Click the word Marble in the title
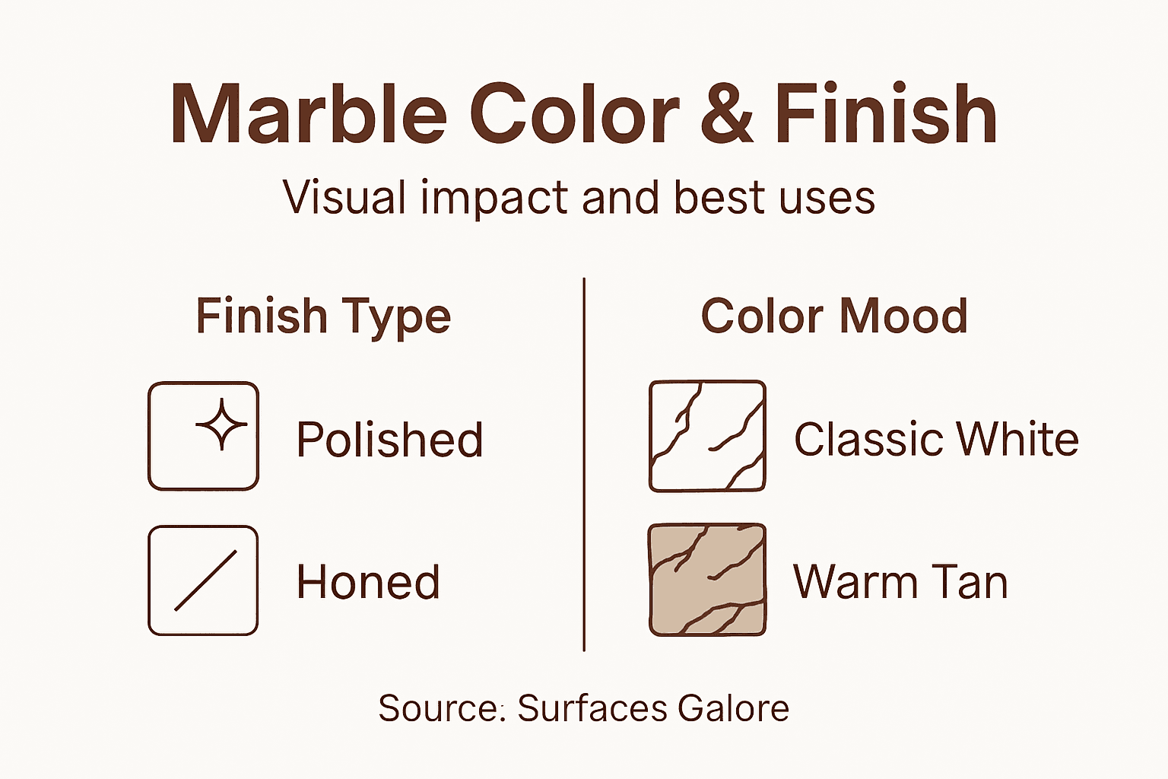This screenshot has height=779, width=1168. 308,114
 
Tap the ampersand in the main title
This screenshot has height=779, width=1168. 727,114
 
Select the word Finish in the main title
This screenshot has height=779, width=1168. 886,114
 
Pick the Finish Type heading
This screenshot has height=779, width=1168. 323,316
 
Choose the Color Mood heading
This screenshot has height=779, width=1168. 834,316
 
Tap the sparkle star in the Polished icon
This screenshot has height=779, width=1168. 221,424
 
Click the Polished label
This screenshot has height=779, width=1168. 389,440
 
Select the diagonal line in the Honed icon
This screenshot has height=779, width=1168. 205,580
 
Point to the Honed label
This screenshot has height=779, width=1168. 368,582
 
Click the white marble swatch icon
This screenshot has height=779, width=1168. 707,436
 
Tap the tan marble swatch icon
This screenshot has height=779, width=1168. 707,580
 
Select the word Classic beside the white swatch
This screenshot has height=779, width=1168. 868,440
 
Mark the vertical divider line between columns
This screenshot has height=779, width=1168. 584,464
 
